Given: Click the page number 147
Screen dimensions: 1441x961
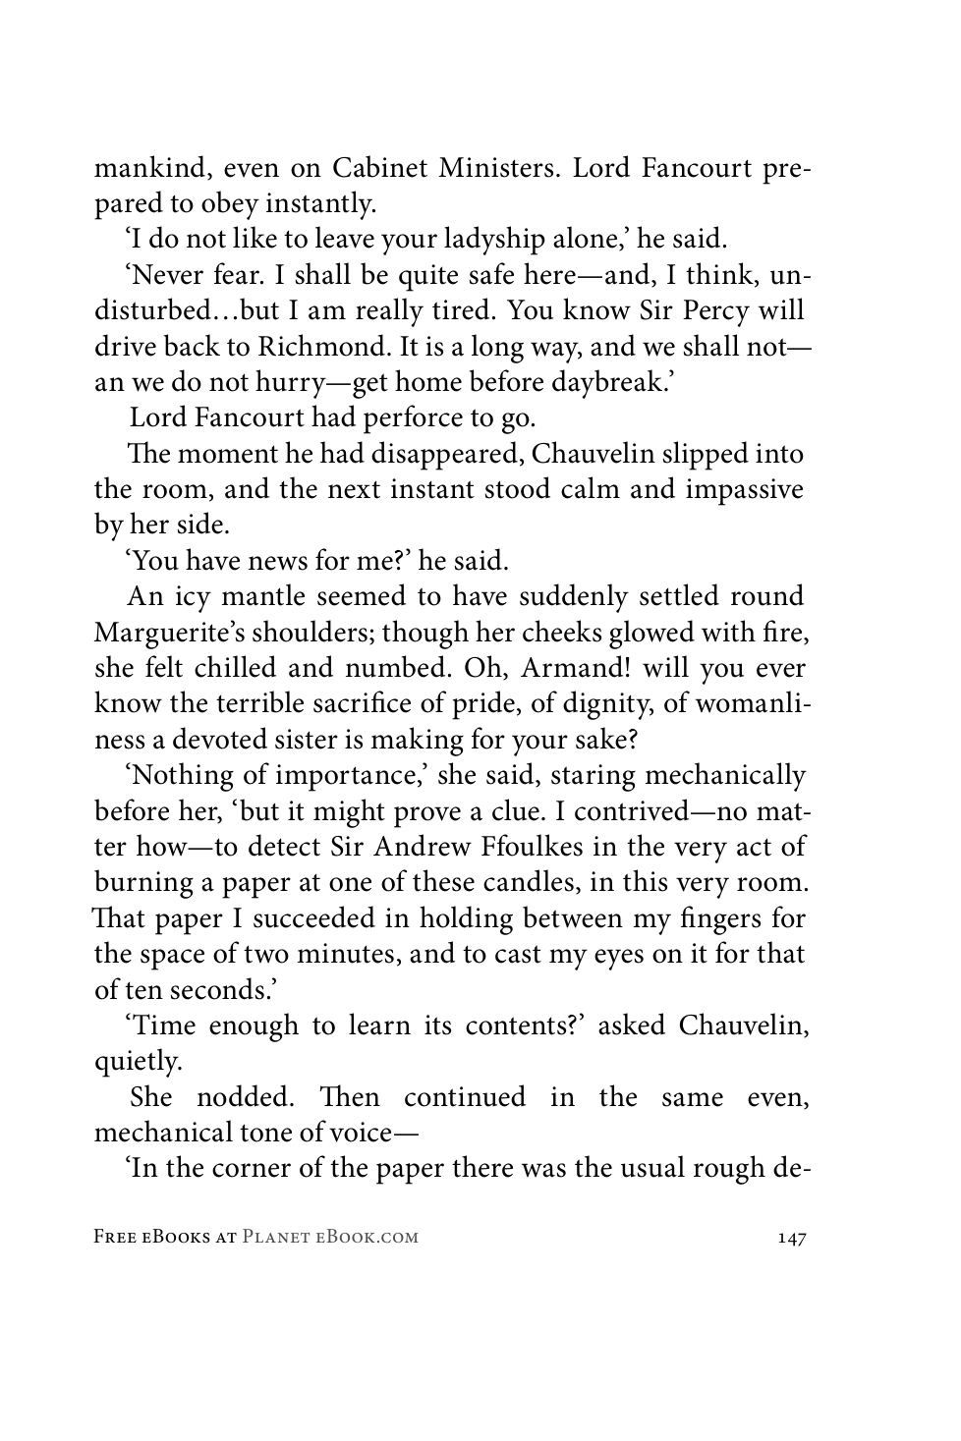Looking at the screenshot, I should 789,1238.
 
